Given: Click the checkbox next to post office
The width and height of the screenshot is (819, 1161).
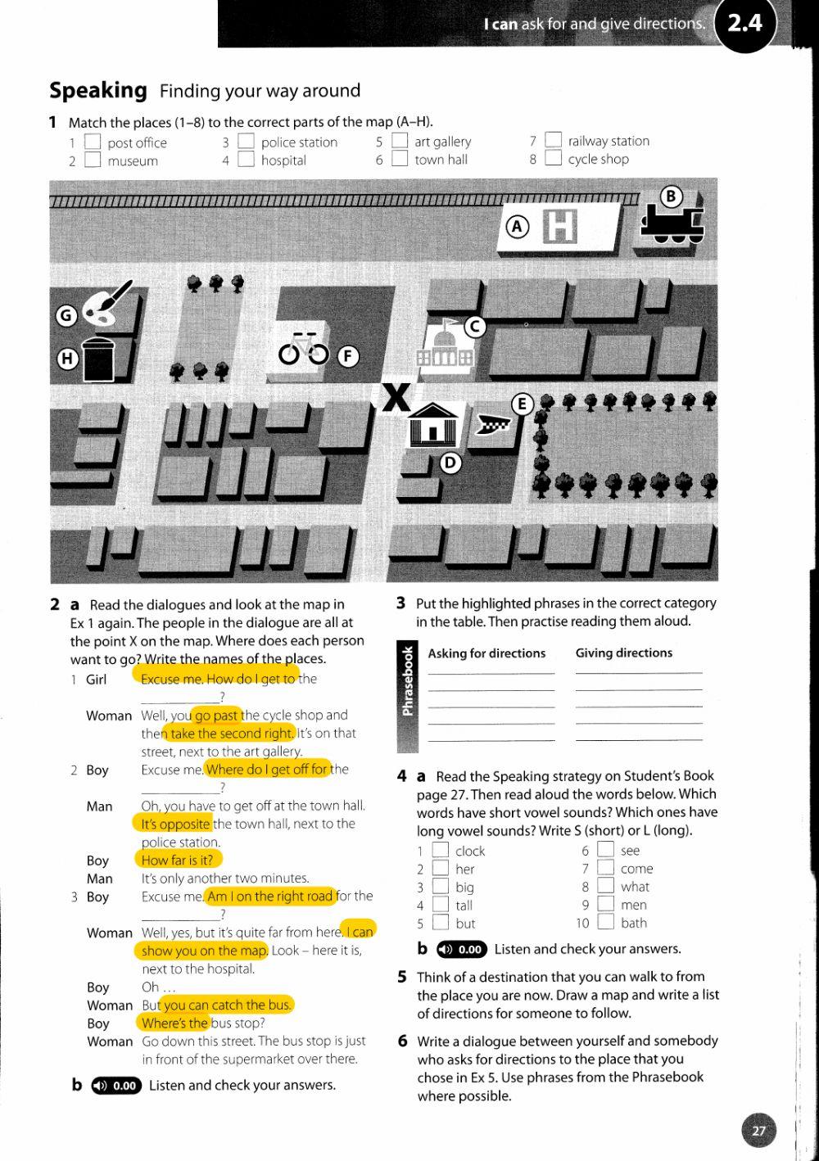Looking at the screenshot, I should click(x=93, y=143).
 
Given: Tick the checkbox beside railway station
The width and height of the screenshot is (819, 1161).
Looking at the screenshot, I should click(x=554, y=141).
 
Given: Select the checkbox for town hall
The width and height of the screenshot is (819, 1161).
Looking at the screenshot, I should click(x=400, y=159).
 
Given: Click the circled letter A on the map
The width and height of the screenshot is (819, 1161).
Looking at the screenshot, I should click(x=517, y=227).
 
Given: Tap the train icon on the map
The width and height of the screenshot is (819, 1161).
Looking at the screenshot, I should click(x=672, y=224).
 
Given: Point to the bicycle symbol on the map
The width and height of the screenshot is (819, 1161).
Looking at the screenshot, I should click(x=303, y=350).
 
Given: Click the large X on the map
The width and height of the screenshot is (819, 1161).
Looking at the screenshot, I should click(x=396, y=399).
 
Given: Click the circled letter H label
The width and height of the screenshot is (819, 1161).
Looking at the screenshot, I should click(x=67, y=359).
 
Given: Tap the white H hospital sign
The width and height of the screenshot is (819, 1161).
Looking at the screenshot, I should click(x=560, y=226).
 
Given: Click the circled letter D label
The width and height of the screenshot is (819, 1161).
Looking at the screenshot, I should click(x=450, y=463).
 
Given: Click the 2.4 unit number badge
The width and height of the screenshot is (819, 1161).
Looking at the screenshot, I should click(x=744, y=24).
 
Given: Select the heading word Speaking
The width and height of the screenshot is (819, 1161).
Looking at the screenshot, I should click(x=98, y=90).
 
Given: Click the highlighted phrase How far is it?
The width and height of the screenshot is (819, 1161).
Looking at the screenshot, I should click(x=177, y=860).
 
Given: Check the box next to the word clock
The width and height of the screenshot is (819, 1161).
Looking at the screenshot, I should click(x=441, y=851).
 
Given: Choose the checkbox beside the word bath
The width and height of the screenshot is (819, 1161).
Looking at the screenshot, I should click(x=605, y=923).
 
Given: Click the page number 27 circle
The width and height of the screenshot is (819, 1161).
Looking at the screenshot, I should click(x=758, y=1131).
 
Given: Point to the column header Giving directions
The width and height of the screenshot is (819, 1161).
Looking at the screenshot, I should click(x=623, y=653).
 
